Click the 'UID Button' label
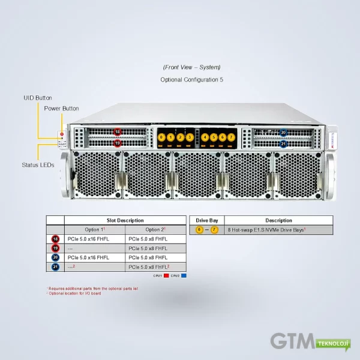point(38,98)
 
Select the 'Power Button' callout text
point(61,109)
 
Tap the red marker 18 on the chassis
point(118,132)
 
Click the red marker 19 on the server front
point(118,143)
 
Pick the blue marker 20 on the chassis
point(283,133)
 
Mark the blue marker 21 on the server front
point(283,143)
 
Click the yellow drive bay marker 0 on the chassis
point(161,137)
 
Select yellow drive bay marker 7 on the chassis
point(231,137)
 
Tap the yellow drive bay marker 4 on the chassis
point(205,137)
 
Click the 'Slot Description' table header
point(125,220)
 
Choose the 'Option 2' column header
point(155,230)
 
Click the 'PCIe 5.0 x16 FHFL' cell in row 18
point(88,239)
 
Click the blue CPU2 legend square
point(184,276)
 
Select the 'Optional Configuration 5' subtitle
point(191,79)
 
